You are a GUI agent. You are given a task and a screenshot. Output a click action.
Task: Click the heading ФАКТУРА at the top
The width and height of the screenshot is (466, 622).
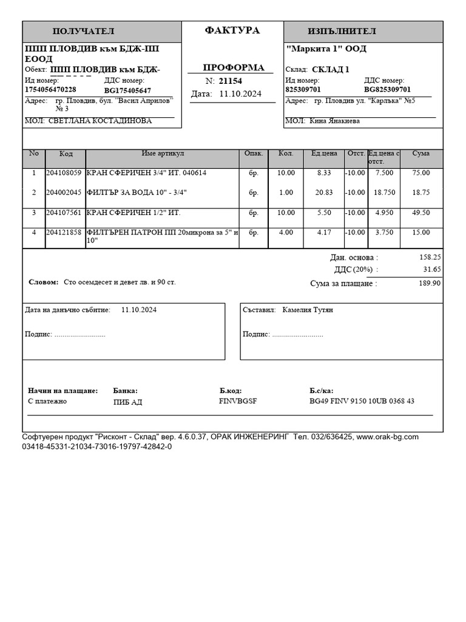[x=232, y=30]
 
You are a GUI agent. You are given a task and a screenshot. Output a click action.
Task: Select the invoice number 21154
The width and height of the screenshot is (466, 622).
[x=230, y=81]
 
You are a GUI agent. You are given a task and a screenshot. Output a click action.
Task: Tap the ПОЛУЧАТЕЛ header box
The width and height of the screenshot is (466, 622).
[x=84, y=32]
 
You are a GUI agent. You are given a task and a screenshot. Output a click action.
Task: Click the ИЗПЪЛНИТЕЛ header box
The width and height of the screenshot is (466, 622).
[x=342, y=32]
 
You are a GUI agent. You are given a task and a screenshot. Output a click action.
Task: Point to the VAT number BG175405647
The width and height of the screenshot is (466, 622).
[x=127, y=91]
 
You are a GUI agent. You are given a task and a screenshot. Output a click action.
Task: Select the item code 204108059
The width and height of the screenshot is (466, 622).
[x=63, y=173]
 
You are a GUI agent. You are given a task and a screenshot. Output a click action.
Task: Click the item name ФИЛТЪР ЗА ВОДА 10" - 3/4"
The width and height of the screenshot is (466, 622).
[x=137, y=193]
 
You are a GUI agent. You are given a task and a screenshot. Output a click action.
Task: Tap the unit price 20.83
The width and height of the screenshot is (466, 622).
[x=324, y=193]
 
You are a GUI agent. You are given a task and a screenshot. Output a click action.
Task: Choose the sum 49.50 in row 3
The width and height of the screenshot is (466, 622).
[x=420, y=213]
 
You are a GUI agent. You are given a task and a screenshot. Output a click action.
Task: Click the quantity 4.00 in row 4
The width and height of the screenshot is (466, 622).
[x=285, y=233]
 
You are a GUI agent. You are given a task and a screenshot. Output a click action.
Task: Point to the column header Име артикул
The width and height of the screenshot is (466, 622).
[x=163, y=154]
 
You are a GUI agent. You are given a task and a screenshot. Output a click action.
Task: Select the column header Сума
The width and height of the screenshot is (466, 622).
[x=420, y=154]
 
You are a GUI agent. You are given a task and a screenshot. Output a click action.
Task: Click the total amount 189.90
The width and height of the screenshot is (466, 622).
[x=429, y=284]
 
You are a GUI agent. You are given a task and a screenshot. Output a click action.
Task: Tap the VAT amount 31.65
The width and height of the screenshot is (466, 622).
[x=431, y=270]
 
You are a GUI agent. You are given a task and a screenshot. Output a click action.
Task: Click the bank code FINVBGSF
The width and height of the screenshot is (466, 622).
[x=238, y=402]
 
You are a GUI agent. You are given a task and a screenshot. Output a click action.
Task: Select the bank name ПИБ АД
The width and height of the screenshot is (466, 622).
[x=127, y=402]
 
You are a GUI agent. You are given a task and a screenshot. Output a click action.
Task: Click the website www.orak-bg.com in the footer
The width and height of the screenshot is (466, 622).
[x=387, y=437]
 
